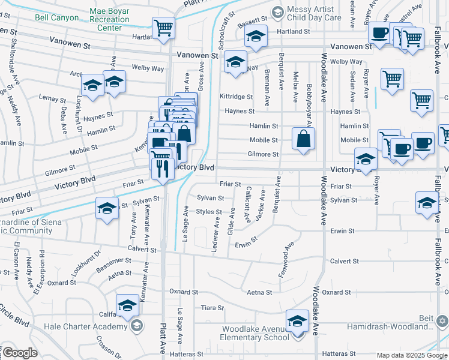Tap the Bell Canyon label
tap(56, 18)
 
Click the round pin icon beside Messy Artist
tap(277, 11)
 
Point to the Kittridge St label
tap(236, 97)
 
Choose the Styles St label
tap(209, 212)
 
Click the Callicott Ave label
tap(248, 204)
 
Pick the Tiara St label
tap(211, 308)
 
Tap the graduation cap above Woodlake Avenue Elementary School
tap(297, 321)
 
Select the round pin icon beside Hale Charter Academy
tap(137, 326)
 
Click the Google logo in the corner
tap(20, 353)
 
